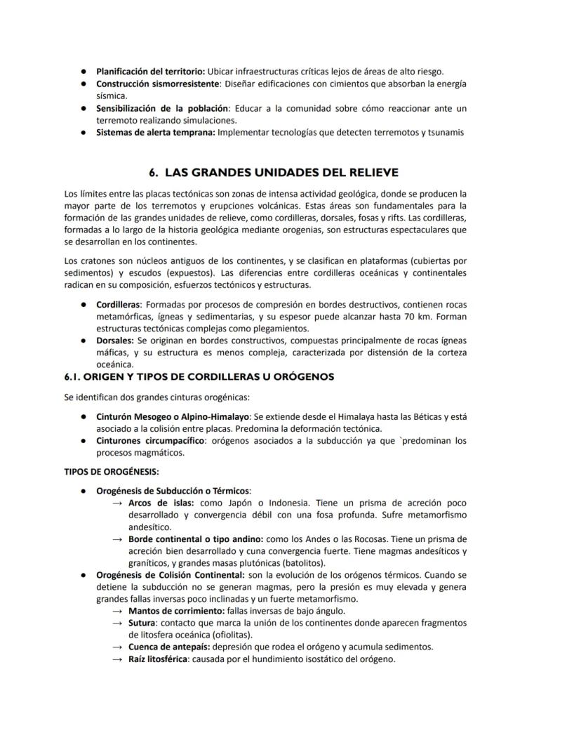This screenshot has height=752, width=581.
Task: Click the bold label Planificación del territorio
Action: pyautogui.click(x=150, y=72)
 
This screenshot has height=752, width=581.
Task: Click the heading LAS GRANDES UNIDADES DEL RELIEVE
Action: pyautogui.click(x=283, y=172)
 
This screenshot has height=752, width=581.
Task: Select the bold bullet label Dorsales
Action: pyautogui.click(x=115, y=340)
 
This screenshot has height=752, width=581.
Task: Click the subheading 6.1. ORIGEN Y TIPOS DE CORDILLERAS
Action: pyautogui.click(x=199, y=376)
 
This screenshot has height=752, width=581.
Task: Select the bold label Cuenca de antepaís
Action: pyautogui.click(x=168, y=646)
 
